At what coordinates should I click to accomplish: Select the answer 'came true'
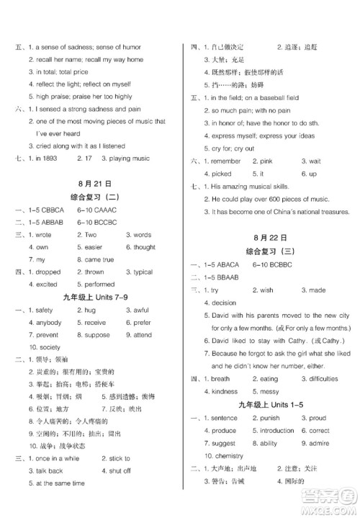point(99,259)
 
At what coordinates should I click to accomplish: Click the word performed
point(100,285)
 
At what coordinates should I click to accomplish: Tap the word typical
point(143,272)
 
